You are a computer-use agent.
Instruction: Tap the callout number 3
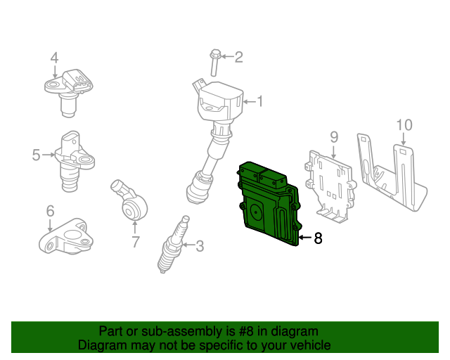click(x=200, y=246)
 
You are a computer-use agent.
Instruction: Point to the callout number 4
click(x=54, y=58)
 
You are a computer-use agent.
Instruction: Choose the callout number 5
click(x=36, y=154)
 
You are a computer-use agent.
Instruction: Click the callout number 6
click(x=50, y=210)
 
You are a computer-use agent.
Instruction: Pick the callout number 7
click(x=135, y=243)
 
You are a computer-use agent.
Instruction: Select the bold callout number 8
click(x=318, y=239)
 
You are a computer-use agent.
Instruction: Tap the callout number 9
click(x=334, y=136)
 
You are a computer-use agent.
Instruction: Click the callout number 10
click(x=404, y=125)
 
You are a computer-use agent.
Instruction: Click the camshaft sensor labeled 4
click(x=70, y=90)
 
